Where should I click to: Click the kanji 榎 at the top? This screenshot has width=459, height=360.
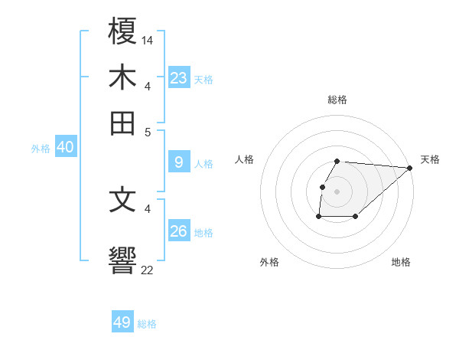(122, 34)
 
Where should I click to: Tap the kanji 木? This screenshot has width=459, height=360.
(122, 78)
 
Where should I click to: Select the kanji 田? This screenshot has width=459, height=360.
(122, 122)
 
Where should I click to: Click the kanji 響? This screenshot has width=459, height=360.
(122, 258)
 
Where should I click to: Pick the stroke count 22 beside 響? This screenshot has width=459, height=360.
(148, 270)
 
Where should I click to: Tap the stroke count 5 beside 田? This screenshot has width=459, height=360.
(148, 131)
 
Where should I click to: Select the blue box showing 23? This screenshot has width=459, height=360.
(179, 78)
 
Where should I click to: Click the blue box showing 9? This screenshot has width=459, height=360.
(179, 162)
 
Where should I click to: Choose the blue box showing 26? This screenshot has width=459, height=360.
(179, 231)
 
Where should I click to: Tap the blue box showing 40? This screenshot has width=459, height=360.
(65, 148)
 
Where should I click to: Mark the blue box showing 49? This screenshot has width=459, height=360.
(122, 322)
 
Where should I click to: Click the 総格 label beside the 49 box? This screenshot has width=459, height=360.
(147, 324)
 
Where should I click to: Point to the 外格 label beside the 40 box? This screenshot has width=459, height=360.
(41, 149)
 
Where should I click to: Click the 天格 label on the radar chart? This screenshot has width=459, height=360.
(430, 159)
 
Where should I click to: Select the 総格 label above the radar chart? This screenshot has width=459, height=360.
(337, 100)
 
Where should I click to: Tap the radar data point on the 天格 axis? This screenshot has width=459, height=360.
(410, 167)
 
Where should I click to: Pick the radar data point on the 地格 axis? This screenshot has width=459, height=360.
(356, 217)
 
